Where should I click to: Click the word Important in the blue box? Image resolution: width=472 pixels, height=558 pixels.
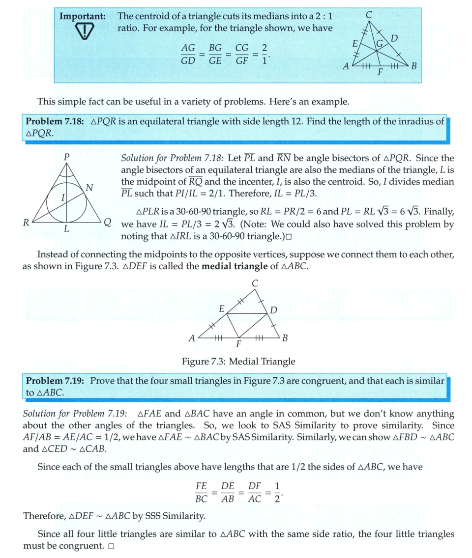point(82,16)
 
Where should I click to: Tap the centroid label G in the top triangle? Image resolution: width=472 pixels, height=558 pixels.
point(379,44)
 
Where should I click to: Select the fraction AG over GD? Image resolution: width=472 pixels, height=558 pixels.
point(188,54)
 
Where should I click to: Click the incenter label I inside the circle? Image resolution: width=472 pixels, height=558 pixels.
point(63,198)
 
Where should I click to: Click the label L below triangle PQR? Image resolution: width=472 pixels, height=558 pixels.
point(67,229)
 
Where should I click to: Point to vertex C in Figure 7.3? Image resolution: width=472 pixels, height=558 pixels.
point(254,283)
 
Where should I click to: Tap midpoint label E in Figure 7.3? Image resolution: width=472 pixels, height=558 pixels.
point(222,309)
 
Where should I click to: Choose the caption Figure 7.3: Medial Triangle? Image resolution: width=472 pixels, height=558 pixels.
point(238,362)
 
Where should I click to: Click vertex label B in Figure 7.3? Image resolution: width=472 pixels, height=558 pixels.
point(285,338)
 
